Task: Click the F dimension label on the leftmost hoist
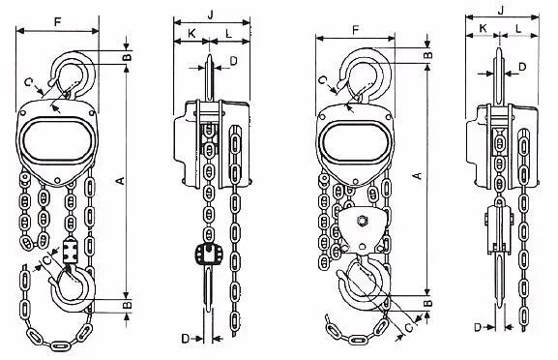(58, 22)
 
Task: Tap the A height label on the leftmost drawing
(121, 181)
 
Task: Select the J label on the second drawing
(211, 15)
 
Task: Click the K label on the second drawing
(191, 34)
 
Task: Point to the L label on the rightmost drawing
(518, 28)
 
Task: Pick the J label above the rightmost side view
(501, 11)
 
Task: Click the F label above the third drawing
(356, 30)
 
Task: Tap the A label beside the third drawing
(419, 175)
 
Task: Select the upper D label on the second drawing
(233, 61)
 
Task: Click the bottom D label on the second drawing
(186, 339)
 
